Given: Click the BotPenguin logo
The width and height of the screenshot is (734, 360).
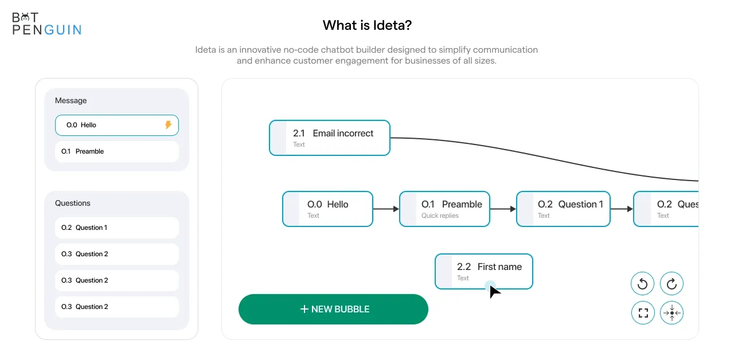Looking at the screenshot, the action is tap(47, 24).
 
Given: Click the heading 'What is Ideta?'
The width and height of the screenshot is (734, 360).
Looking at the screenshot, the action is tap(367, 25).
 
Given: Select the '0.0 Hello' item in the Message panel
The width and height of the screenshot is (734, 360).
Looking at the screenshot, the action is tap(117, 125).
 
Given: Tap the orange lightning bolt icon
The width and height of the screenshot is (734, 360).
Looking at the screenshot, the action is tap(168, 124).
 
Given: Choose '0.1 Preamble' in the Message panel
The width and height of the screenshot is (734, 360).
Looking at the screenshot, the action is tap(117, 151).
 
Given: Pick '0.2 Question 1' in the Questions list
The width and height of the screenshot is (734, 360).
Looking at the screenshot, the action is tap(117, 228).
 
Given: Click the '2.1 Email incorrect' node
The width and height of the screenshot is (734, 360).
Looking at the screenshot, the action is tap(330, 138).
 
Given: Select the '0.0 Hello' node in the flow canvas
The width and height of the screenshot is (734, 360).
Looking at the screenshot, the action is tap(327, 209).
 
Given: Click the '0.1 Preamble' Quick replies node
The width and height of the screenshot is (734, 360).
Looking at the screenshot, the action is tap(444, 209).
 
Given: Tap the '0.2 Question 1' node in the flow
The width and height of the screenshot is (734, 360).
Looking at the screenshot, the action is tap(563, 209).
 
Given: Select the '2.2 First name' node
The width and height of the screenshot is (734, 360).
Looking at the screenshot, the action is tap(484, 272).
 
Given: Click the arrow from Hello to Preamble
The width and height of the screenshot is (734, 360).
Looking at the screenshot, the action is tap(386, 209).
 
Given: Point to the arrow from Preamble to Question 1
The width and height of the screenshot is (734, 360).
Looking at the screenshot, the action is tap(503, 209).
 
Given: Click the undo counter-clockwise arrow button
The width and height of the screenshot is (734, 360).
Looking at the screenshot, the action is tap(643, 284).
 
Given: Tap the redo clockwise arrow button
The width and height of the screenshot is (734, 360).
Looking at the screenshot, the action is tap(671, 284).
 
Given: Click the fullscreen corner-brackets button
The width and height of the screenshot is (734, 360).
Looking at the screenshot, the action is tap(643, 313).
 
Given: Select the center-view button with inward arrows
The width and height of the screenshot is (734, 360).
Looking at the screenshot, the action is tap(671, 313).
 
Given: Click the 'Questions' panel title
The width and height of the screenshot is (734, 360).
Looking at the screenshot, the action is tap(72, 203).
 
